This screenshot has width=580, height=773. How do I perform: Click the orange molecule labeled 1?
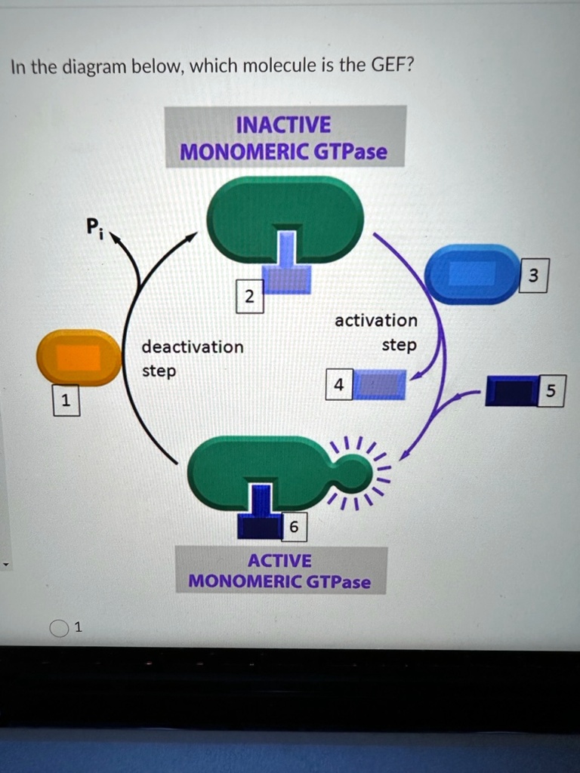click(79, 358)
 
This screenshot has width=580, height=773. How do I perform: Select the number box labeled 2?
click(248, 297)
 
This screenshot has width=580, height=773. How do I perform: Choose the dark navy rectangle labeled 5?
click(511, 390)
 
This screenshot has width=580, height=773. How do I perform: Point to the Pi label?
click(92, 225)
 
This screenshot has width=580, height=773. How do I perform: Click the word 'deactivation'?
click(193, 347)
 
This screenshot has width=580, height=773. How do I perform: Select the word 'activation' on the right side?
click(375, 320)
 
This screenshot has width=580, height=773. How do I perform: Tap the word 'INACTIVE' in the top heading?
click(283, 125)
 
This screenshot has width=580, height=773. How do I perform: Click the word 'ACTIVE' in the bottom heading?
click(279, 561)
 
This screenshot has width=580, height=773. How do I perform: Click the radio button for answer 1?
click(59, 628)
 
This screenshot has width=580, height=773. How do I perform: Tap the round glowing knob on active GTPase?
click(353, 473)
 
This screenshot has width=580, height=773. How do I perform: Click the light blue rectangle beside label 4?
click(381, 384)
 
